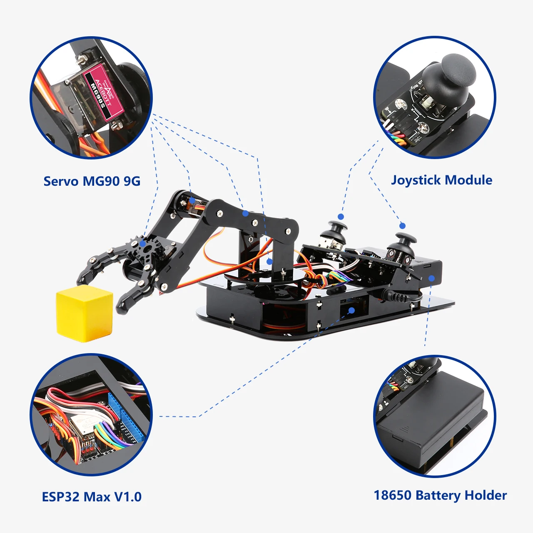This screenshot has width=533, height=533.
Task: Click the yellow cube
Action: coord(85,313)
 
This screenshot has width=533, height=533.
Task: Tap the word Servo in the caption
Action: coord(61,181)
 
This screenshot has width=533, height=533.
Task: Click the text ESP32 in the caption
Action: coord(61,497)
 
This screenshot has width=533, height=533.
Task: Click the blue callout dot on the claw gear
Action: coord(143,244)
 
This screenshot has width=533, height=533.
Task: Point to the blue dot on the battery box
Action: coord(431,278)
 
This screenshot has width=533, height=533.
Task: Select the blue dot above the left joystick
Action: coord(341,217)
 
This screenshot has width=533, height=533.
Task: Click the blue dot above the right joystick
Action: coord(402,226)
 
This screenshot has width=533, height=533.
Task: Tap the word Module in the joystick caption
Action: coord(468,180)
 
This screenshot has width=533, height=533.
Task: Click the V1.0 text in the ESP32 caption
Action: coord(128,497)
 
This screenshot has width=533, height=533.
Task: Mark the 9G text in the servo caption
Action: coord(132,181)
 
